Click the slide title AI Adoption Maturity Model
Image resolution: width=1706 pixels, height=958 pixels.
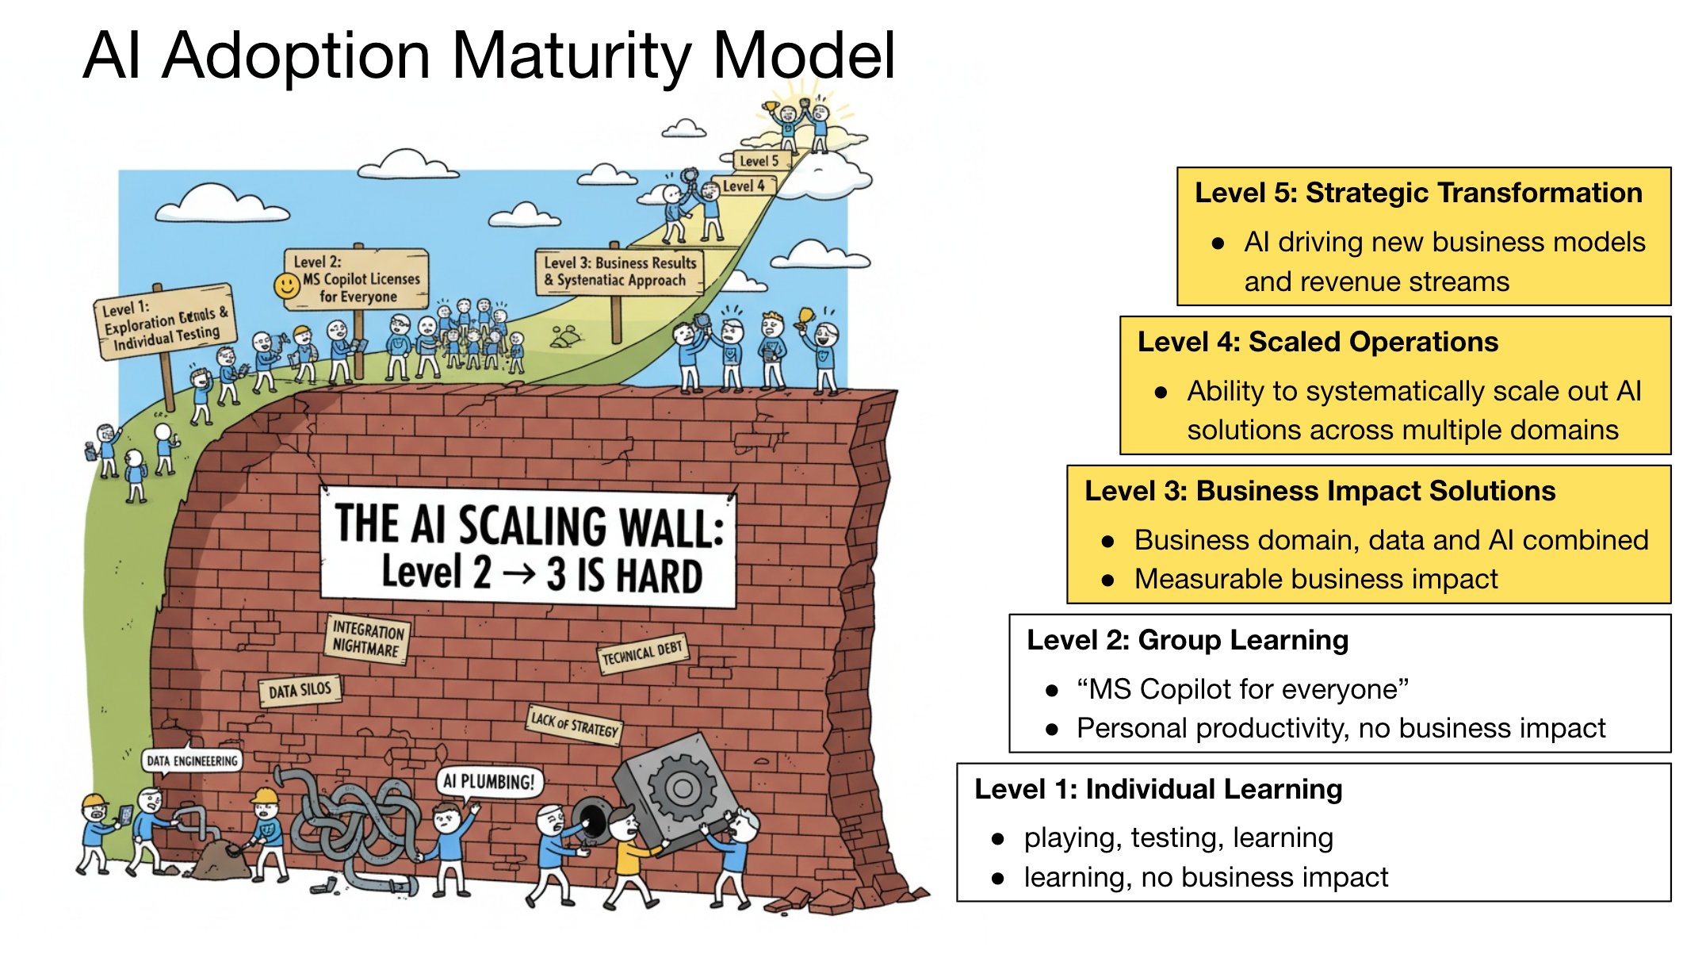pos(489,56)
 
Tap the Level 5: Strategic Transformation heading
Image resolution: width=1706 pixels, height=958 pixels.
pos(1417,193)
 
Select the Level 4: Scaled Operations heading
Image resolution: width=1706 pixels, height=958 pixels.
pos(1318,342)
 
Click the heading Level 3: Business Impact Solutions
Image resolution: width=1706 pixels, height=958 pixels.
pos(1319,491)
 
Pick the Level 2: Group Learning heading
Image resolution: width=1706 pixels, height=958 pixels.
pos(1187,640)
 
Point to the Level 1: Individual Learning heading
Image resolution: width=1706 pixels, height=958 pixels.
pos(1157,789)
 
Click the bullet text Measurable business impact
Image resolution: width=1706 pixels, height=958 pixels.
pos(1315,579)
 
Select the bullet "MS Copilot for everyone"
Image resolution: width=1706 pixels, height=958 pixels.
pos(1241,689)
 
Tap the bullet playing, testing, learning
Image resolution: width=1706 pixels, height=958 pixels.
pos(1178,837)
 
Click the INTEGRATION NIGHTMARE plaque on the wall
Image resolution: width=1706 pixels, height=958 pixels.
pos(367,639)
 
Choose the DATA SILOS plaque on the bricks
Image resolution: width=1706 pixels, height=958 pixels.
pos(300,691)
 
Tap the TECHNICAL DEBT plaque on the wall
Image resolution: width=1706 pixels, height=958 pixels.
pos(642,653)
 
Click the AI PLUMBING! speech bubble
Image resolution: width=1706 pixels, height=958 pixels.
pos(488,782)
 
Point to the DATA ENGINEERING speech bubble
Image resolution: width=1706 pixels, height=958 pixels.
pos(192,761)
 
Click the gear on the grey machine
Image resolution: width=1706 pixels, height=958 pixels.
pos(682,788)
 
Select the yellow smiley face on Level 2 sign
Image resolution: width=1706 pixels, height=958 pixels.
pos(286,285)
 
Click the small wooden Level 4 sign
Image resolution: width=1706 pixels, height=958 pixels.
pos(744,186)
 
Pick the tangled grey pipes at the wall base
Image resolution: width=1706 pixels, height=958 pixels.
pos(357,825)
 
